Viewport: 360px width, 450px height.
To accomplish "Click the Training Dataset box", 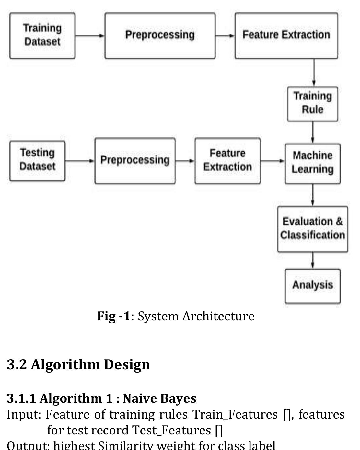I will click(x=42, y=36).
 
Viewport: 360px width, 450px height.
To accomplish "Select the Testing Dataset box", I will click(x=37, y=161).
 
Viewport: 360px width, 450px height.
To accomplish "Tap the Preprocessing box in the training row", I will click(x=160, y=36).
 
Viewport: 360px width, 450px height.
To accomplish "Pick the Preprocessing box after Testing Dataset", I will click(x=135, y=161).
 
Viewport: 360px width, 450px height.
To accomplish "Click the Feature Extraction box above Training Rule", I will click(x=286, y=36).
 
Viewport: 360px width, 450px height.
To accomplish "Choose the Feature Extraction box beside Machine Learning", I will click(x=227, y=161).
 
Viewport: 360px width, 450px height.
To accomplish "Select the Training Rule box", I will click(x=313, y=104).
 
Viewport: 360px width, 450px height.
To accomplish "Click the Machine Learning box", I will click(x=313, y=163).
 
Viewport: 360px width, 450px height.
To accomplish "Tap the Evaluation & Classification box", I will click(x=313, y=229).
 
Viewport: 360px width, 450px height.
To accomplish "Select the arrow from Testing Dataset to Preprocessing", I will click(x=80, y=161).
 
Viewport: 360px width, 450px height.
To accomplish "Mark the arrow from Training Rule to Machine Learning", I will click(x=313, y=132).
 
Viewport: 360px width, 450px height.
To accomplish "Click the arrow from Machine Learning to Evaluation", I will click(x=313, y=195).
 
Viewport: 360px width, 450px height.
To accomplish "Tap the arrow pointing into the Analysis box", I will click(x=313, y=260).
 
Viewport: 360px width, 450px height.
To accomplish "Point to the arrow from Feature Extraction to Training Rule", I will click(x=314, y=73).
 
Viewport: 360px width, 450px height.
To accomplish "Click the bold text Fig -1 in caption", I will click(x=113, y=316).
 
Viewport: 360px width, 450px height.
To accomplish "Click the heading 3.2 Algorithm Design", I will click(x=78, y=364).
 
